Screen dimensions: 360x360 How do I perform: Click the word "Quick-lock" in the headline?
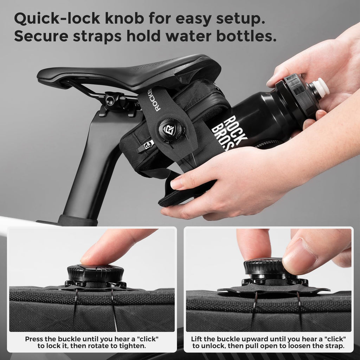coord(57,18)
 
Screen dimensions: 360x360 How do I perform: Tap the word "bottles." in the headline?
coord(246,36)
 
